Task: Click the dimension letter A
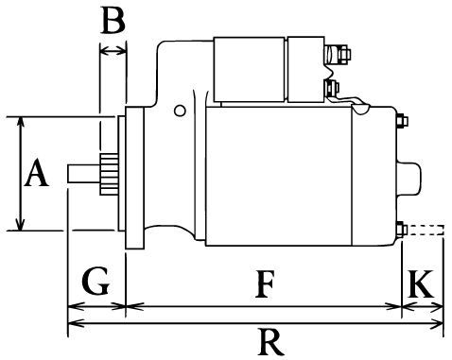tap(37, 173)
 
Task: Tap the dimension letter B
tap(113, 20)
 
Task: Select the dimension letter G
tap(96, 281)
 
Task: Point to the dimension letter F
tap(265, 283)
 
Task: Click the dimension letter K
tap(421, 283)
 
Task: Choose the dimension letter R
tap(271, 342)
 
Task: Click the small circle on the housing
tap(180, 111)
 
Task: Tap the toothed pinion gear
tap(109, 174)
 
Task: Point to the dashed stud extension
tap(426, 230)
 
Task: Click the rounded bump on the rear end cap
tap(409, 179)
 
